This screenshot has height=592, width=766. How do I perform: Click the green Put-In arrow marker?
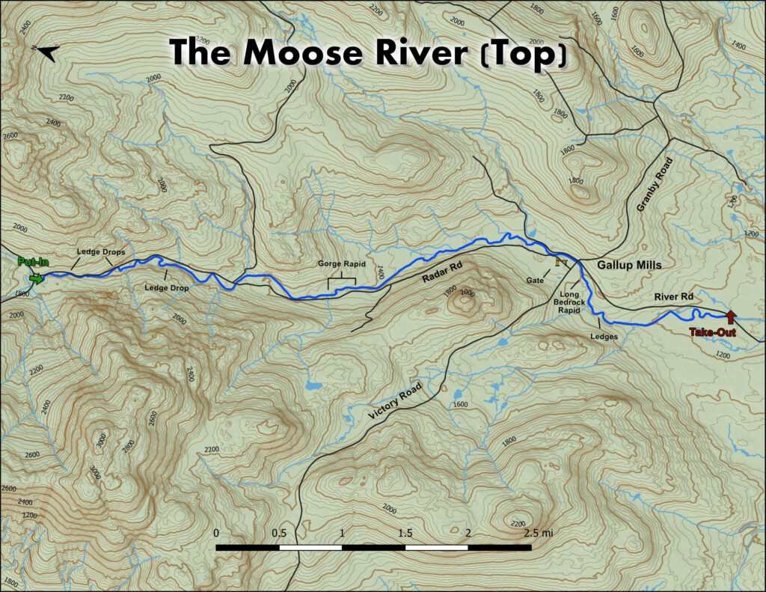point(35,278)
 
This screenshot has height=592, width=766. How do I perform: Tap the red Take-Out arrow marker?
point(730,317)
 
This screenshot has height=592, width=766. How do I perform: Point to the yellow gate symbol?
point(558,261)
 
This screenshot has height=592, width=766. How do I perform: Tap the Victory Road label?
point(396,400)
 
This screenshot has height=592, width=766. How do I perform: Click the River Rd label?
point(675,297)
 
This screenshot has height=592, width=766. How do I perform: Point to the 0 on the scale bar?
point(216,533)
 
